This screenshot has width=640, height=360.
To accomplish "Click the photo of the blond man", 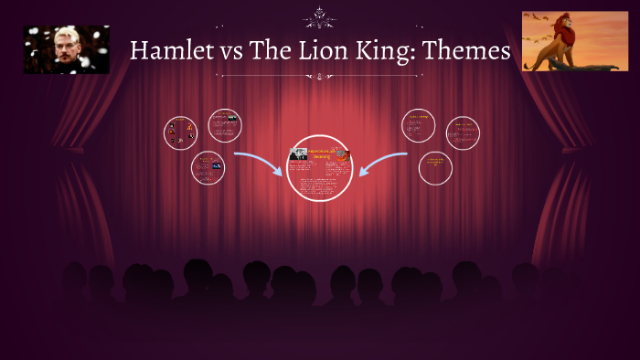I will tap(67, 49).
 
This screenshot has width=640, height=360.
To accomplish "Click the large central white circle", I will tap(319, 168).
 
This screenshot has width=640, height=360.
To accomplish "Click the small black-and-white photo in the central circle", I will tap(298, 154).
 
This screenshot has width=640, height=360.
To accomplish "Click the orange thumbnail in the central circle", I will tap(342, 154).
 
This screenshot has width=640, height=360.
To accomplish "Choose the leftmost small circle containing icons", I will tap(180, 133).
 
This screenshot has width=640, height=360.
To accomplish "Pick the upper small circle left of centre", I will tap(224, 125).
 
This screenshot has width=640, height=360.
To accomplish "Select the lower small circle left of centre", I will tap(208, 168).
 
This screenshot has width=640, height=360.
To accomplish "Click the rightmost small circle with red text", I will tap(463, 133).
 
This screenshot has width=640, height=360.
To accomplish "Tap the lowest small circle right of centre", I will tap(435, 168).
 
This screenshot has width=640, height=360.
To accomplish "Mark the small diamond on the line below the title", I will tap(320, 77).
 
